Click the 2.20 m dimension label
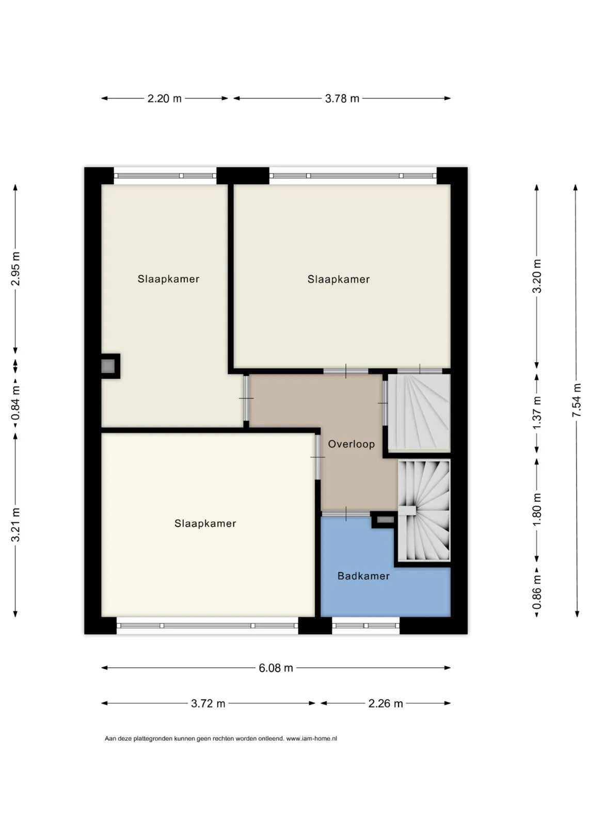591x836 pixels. pyautogui.click(x=164, y=99)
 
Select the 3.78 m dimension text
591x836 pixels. pyautogui.click(x=342, y=99)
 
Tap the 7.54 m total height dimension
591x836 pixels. pyautogui.click(x=577, y=400)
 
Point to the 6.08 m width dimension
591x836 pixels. pyautogui.click(x=276, y=668)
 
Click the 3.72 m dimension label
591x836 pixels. pyautogui.click(x=208, y=703)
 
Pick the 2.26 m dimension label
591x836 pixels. pyautogui.click(x=386, y=703)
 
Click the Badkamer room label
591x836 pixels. pyautogui.click(x=363, y=576)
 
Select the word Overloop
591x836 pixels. pyautogui.click(x=351, y=444)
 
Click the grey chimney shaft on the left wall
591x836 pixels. pyautogui.click(x=108, y=366)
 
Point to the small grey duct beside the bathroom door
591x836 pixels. pyautogui.click(x=385, y=520)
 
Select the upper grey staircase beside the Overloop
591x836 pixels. pyautogui.click(x=419, y=413)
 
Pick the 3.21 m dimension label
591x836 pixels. pyautogui.click(x=15, y=525)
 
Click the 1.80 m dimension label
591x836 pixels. pyautogui.click(x=536, y=510)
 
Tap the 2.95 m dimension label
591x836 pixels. pyautogui.click(x=15, y=269)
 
